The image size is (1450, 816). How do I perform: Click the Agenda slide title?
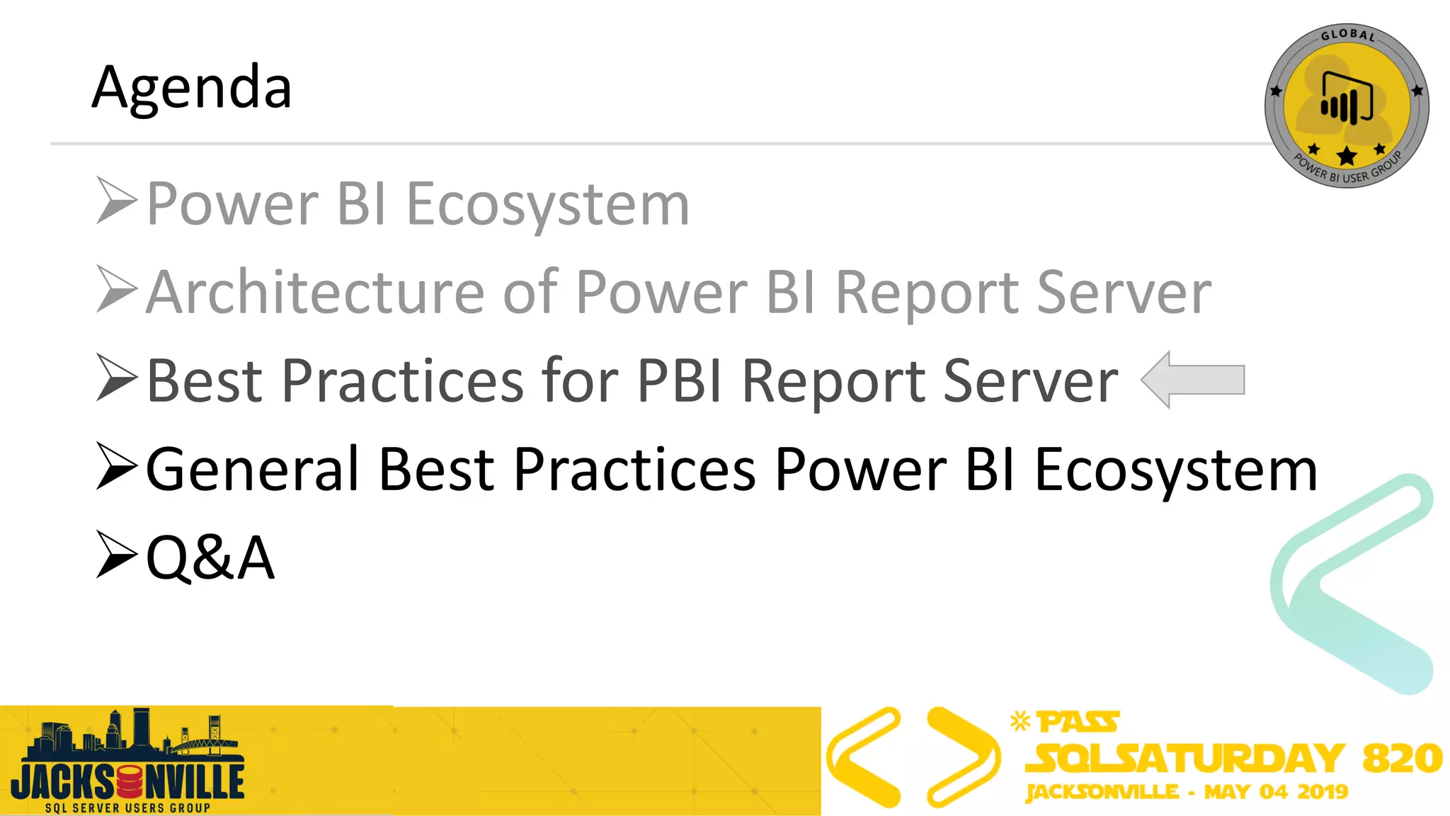pos(191,88)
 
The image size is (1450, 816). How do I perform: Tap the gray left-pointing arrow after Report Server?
pos(1194,380)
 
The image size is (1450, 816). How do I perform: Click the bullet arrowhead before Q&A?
pos(115,554)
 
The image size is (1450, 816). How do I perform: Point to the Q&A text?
pos(210,557)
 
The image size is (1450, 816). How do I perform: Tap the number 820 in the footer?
pos(1402,758)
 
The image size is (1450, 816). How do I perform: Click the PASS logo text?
pos(1078,722)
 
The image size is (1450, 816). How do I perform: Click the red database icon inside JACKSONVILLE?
pos(130,782)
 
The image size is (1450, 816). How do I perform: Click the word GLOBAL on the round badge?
pos(1347,35)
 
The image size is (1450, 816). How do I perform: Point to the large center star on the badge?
pos(1347,155)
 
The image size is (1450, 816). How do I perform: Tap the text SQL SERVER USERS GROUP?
pos(127,807)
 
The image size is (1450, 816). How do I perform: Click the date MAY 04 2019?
pos(1276,791)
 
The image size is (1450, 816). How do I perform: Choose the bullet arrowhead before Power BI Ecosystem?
pos(115,200)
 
